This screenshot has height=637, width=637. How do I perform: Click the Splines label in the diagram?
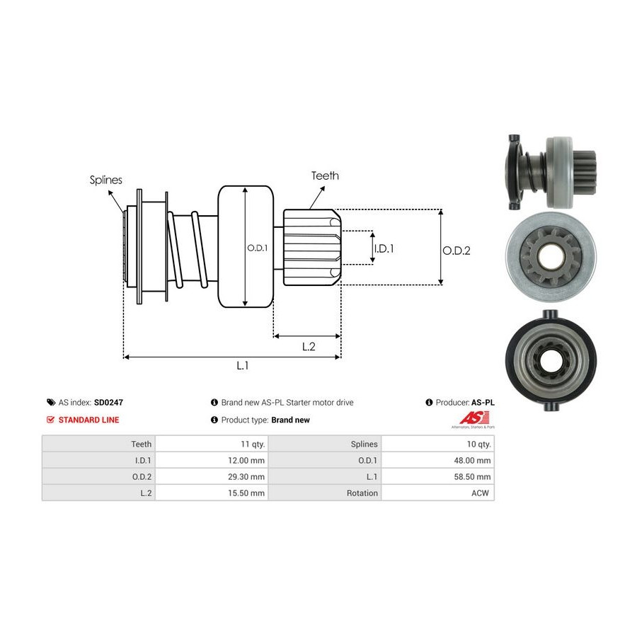(105, 180)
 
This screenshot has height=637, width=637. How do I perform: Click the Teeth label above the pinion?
(325, 176)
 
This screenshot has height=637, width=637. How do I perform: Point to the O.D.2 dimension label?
(457, 250)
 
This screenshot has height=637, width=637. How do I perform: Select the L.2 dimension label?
(308, 346)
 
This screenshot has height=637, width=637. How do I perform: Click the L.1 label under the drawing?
(242, 365)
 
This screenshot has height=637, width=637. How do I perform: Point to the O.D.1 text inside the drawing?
(257, 248)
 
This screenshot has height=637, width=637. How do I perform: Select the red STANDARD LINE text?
(88, 420)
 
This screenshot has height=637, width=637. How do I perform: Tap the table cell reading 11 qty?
(253, 444)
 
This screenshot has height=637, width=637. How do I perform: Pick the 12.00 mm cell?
(248, 461)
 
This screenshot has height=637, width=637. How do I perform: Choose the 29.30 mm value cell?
(248, 477)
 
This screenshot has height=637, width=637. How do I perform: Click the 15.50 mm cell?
(248, 493)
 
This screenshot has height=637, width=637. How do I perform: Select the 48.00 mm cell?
(474, 461)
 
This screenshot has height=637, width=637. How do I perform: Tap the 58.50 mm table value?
(474, 477)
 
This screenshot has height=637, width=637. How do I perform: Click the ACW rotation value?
(481, 493)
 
